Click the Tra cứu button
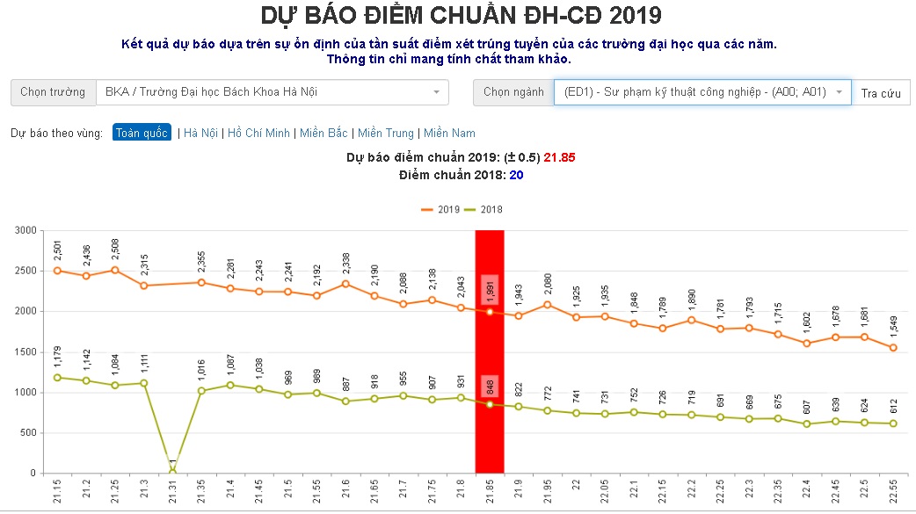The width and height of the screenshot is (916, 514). tap(881, 93)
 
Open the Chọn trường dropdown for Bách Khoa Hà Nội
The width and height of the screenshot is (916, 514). tap(273, 92)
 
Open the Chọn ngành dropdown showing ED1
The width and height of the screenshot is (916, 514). tap(702, 92)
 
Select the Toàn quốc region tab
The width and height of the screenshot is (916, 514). tap(141, 134)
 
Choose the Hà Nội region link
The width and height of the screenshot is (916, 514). tap(202, 134)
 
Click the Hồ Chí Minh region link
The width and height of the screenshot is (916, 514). tap(258, 134)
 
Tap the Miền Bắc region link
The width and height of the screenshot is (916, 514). tap(324, 134)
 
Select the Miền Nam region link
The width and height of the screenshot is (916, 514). tap(449, 134)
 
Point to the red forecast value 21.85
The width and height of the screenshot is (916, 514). tap(559, 158)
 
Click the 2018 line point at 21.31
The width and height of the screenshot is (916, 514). tap(172, 471)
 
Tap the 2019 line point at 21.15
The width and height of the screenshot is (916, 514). tap(57, 271)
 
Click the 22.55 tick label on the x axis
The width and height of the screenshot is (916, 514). tap(894, 493)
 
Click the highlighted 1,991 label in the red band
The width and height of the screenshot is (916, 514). tap(490, 291)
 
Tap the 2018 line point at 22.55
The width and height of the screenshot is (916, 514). tap(894, 424)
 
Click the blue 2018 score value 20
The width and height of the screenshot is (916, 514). tap(516, 175)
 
